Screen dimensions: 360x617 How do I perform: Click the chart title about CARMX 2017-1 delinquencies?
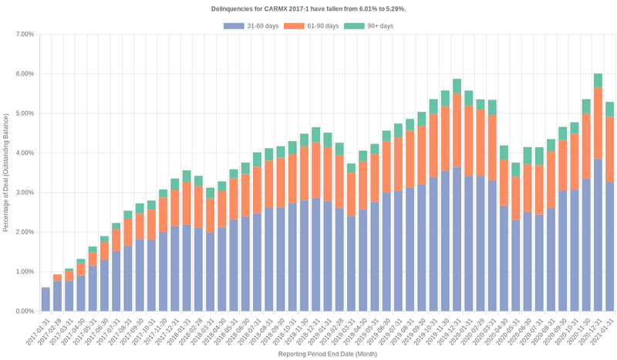point(308,8)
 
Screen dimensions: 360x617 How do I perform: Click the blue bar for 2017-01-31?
point(46,300)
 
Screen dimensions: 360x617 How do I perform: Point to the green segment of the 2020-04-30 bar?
point(504,153)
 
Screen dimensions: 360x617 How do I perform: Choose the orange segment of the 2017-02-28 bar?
point(57,278)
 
